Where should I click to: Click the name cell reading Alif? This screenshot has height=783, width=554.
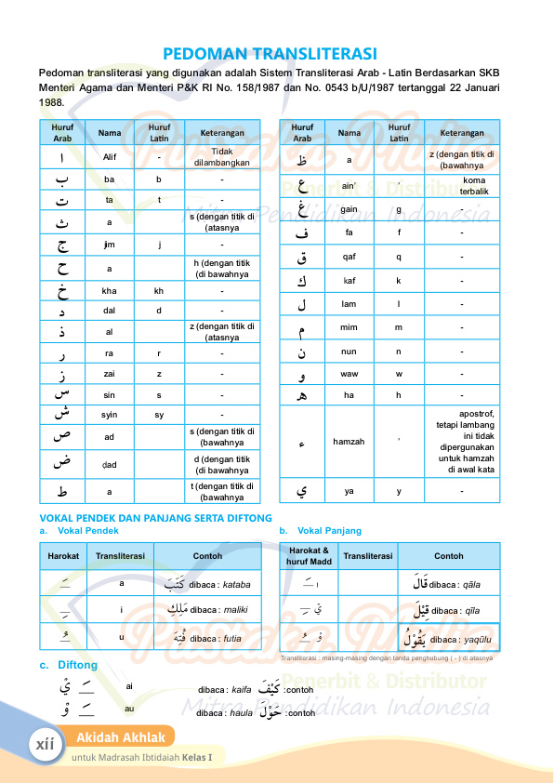coord(110,156)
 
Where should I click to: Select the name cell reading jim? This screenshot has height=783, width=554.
coord(110,246)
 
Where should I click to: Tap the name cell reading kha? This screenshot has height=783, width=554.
coord(110,290)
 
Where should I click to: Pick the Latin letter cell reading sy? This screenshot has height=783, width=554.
coord(159,414)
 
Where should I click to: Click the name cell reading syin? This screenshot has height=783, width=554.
coord(110,414)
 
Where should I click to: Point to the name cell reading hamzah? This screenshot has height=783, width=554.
coord(349,442)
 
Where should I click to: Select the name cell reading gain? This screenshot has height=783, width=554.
coord(349,209)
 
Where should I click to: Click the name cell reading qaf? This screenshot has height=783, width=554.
coord(349,256)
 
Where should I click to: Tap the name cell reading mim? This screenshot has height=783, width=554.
coord(349,327)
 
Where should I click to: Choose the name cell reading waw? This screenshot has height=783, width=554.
coord(349,375)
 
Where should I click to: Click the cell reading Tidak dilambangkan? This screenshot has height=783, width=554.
coord(221,156)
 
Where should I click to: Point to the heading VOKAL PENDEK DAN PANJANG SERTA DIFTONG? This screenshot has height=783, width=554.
coord(155,517)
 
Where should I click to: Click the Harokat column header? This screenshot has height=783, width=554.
coord(63,556)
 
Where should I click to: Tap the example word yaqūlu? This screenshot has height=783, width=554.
coord(479,640)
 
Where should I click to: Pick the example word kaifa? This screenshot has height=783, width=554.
coord(241,691)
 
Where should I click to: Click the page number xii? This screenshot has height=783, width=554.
coord(43,745)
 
